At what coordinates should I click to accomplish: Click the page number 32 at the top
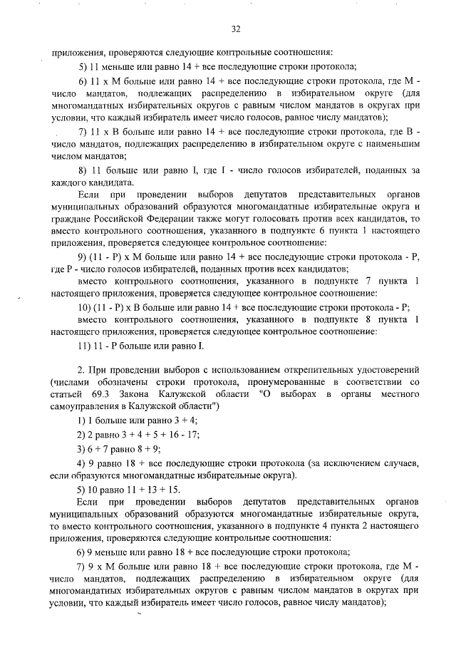(236, 29)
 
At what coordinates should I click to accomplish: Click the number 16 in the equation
(175, 433)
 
